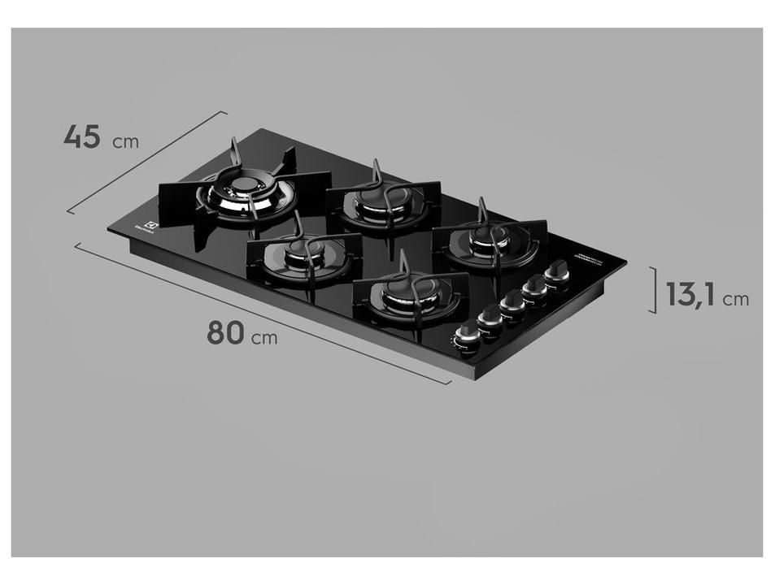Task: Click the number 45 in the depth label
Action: point(81,136)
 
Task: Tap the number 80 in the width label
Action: point(226,332)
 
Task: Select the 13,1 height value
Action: point(690,294)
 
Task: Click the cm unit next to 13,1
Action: point(735,299)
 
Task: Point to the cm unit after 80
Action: point(263,337)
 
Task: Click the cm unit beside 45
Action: point(125,142)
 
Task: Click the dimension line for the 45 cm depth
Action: point(146,162)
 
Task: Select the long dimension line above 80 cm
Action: point(260,313)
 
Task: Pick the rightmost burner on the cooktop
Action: point(488,240)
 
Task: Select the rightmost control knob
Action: point(558,271)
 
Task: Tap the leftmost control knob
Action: point(467,333)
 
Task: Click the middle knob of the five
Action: point(512,302)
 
